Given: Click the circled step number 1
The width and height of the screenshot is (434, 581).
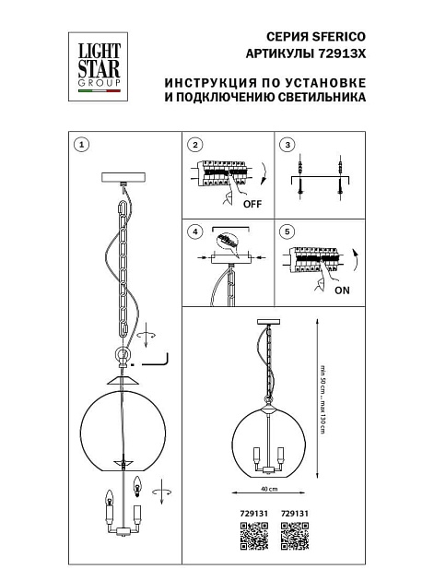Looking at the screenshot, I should click(x=82, y=145).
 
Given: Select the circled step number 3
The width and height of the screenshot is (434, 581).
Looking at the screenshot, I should click(x=287, y=145).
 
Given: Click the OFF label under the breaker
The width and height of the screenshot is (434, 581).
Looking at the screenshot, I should click(x=253, y=205).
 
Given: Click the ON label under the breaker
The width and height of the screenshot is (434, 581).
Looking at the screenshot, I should click(x=343, y=289).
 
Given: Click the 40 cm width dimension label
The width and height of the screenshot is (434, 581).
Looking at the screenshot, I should click(x=269, y=490).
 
